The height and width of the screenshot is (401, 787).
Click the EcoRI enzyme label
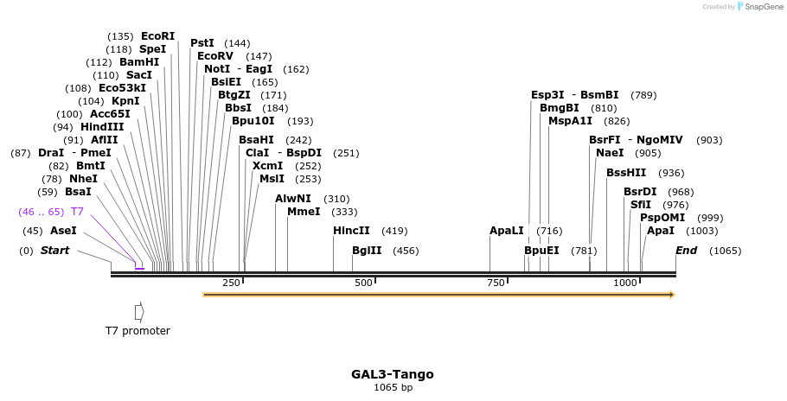click(157, 36)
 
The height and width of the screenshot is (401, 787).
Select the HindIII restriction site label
click(102, 127)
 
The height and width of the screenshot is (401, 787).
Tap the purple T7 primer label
click(77, 212)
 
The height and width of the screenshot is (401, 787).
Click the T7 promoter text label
click(138, 331)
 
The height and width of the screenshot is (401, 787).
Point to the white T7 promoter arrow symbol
click(139, 311)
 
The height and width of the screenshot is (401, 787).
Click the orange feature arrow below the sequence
click(438, 295)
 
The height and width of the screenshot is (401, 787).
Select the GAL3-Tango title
click(392, 374)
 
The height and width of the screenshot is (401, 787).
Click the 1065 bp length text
click(393, 387)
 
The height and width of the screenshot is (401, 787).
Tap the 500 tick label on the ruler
click(363, 283)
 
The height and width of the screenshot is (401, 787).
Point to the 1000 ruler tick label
click(624, 283)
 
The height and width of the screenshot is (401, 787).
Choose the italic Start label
click(54, 251)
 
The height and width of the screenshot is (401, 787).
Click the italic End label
click(686, 251)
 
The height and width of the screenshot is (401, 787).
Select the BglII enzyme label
click(367, 251)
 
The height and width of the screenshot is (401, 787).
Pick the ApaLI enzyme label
click(507, 231)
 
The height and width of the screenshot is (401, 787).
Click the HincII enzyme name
click(351, 231)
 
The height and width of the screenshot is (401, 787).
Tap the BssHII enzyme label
click(626, 173)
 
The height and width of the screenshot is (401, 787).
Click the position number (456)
click(406, 251)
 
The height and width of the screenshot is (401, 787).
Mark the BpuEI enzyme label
click(541, 251)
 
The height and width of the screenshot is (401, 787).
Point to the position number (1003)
click(701, 231)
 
